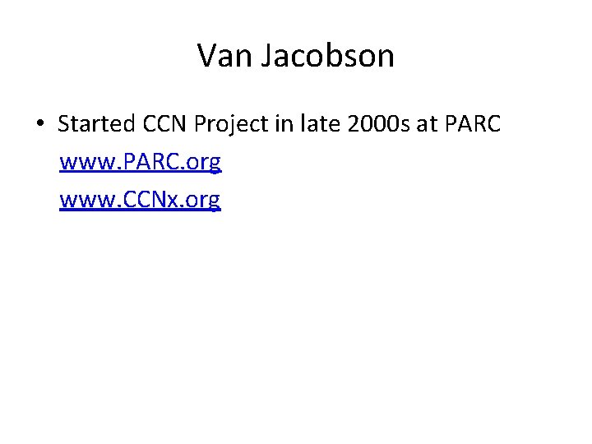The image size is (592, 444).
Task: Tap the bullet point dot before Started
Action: tap(40, 125)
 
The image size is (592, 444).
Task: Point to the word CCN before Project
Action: tap(166, 125)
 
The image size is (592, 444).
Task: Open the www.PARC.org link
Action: tap(141, 163)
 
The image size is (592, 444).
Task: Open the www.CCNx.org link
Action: tap(141, 200)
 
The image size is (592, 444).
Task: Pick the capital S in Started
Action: tap(63, 125)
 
